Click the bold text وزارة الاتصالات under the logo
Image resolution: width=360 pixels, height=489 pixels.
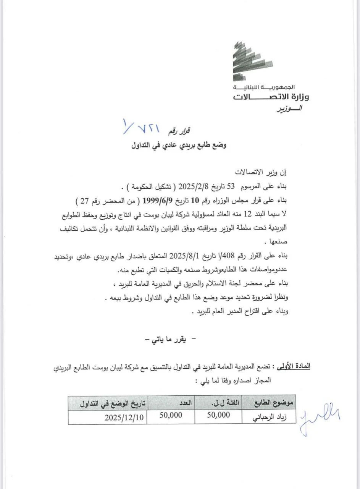click(x=271, y=96)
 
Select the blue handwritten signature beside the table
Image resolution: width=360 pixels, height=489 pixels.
click(x=320, y=416)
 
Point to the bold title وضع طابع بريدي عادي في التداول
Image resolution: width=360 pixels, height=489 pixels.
click(x=179, y=145)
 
